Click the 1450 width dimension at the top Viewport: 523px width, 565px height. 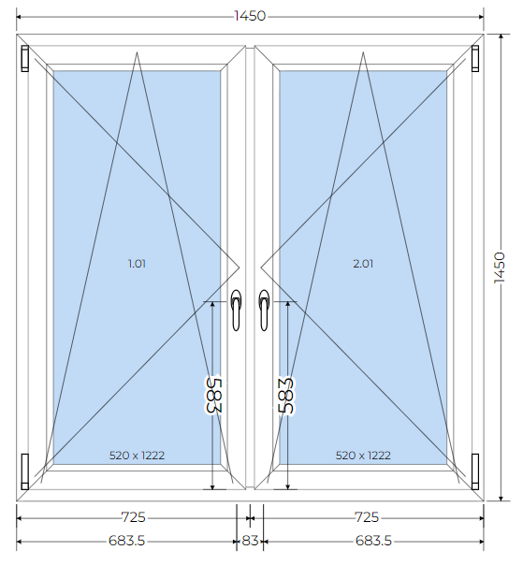pyautogui.click(x=250, y=16)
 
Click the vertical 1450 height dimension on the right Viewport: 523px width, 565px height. pyautogui.click(x=500, y=268)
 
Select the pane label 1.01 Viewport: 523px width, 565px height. pyautogui.click(x=137, y=264)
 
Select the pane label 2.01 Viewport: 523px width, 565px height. pyautogui.click(x=363, y=264)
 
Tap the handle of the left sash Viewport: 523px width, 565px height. pyautogui.click(x=236, y=310)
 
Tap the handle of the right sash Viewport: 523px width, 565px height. pyautogui.click(x=264, y=310)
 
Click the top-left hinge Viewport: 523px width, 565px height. pyautogui.click(x=25, y=58)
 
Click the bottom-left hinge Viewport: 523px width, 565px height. pyautogui.click(x=25, y=471)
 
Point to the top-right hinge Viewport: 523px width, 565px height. pyautogui.click(x=475, y=58)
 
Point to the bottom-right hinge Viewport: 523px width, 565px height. pyautogui.click(x=475, y=471)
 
